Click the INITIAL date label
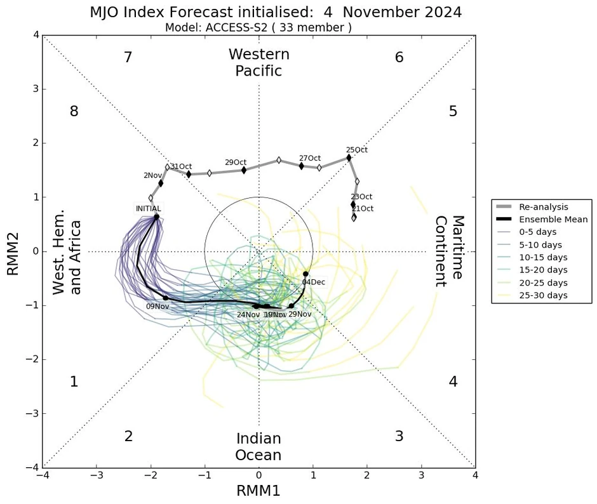(x=148, y=208)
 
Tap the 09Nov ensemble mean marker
(x=166, y=298)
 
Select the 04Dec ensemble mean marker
(x=305, y=274)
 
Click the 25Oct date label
(x=356, y=150)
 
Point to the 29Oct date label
(x=236, y=162)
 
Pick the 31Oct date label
(x=181, y=166)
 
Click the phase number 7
(x=128, y=58)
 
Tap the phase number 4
(x=453, y=382)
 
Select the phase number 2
(x=128, y=437)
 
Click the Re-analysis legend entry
(x=544, y=207)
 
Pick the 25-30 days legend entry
(x=544, y=295)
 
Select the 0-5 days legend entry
(x=539, y=232)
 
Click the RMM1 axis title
(x=258, y=491)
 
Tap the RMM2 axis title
(x=13, y=252)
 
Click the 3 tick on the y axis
(x=36, y=90)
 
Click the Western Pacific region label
(x=258, y=63)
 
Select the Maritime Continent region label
(x=449, y=252)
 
